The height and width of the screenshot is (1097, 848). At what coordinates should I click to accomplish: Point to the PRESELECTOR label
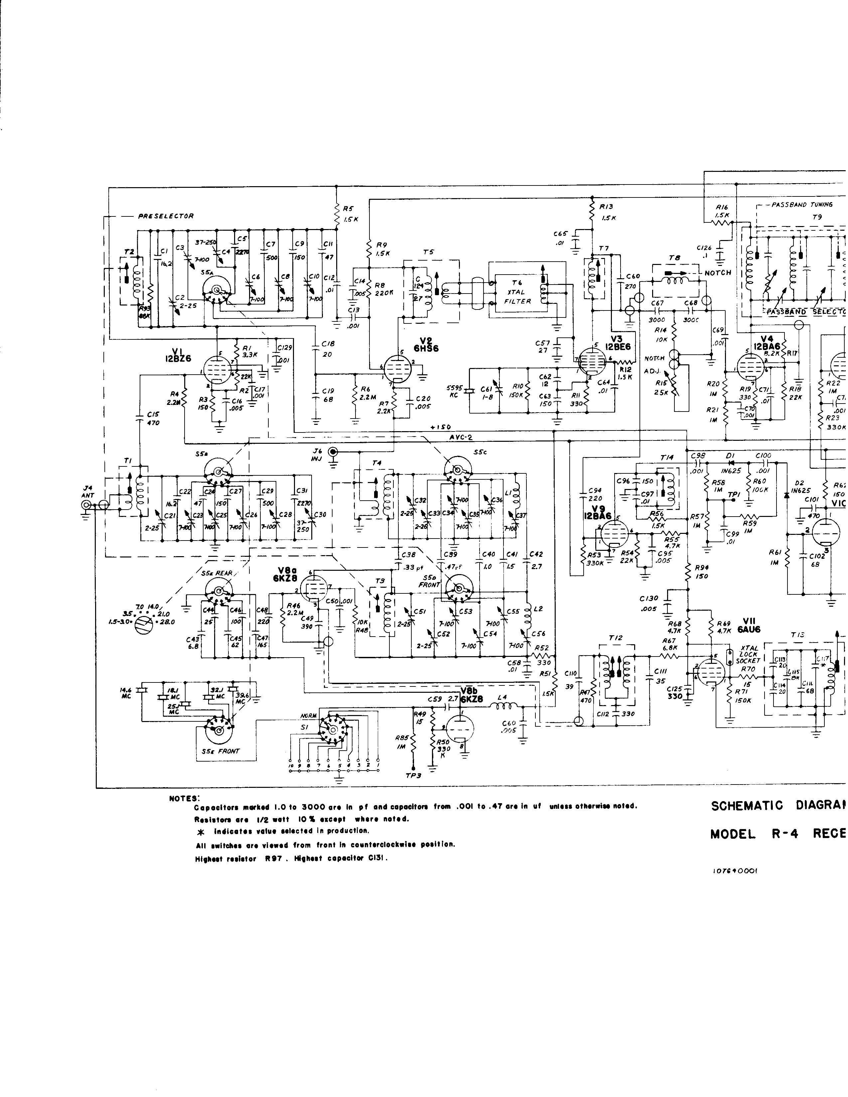tap(166, 216)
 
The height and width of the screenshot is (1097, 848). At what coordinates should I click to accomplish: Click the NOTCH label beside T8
tap(718, 273)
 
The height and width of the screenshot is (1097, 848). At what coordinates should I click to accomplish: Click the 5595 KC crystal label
tap(452, 391)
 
